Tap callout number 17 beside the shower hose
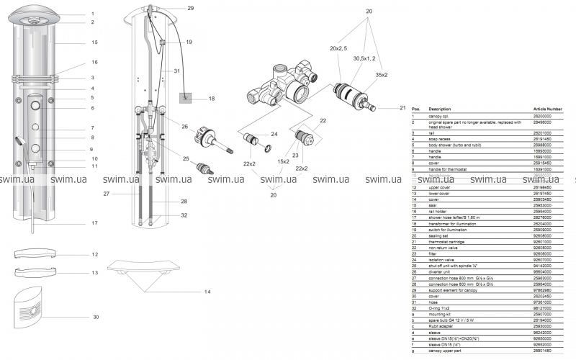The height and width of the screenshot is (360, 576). pyautogui.click(x=94, y=223)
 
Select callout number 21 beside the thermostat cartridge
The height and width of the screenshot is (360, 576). pyautogui.click(x=403, y=108)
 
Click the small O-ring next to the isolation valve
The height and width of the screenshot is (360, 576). pyautogui.click(x=269, y=149)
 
